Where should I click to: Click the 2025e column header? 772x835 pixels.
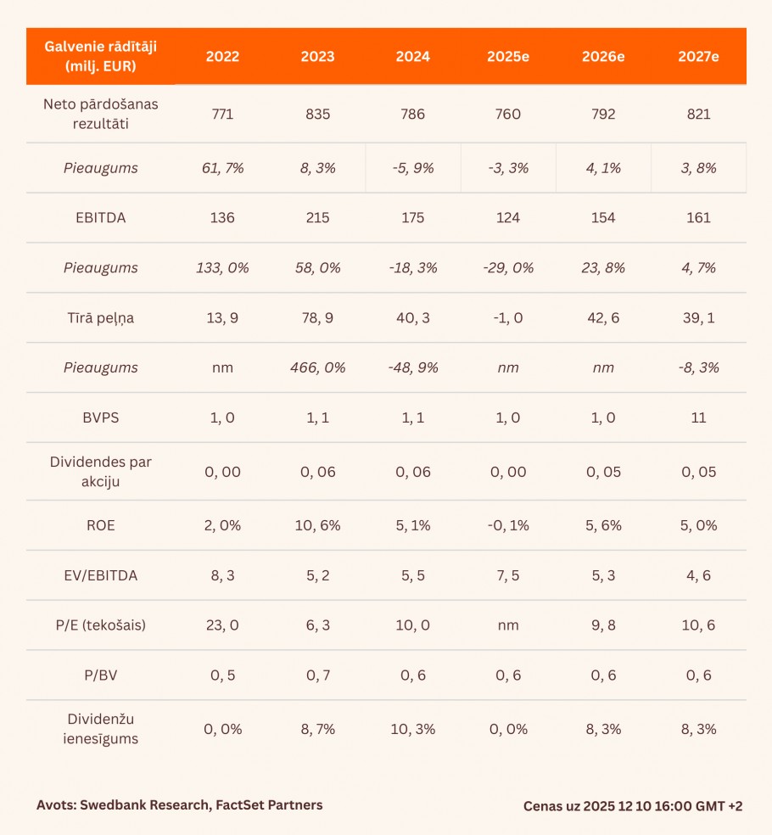coord(508,57)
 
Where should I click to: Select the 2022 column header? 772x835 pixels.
coord(222,57)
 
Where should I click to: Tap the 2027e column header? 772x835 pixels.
coord(698,57)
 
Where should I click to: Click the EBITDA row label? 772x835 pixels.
coord(101,218)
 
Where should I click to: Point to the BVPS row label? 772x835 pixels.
coord(101,417)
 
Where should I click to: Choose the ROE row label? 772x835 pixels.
coord(101,525)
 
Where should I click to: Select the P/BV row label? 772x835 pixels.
coord(101,675)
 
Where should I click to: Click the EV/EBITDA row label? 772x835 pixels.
coord(101,575)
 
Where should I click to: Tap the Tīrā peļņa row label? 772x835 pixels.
coord(101,318)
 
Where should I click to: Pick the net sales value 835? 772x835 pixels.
coord(317,114)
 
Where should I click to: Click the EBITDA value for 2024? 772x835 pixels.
coord(413,218)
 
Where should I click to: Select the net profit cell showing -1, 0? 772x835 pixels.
coord(508,318)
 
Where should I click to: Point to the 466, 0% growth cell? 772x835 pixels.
coord(317,368)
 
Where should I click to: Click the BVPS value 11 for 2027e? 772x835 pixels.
coord(698,417)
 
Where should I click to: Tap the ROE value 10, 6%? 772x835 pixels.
coord(317,525)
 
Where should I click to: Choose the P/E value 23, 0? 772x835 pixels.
coord(222,625)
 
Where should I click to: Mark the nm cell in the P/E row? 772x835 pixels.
coord(508,625)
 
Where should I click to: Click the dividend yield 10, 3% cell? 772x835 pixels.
coord(413,729)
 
